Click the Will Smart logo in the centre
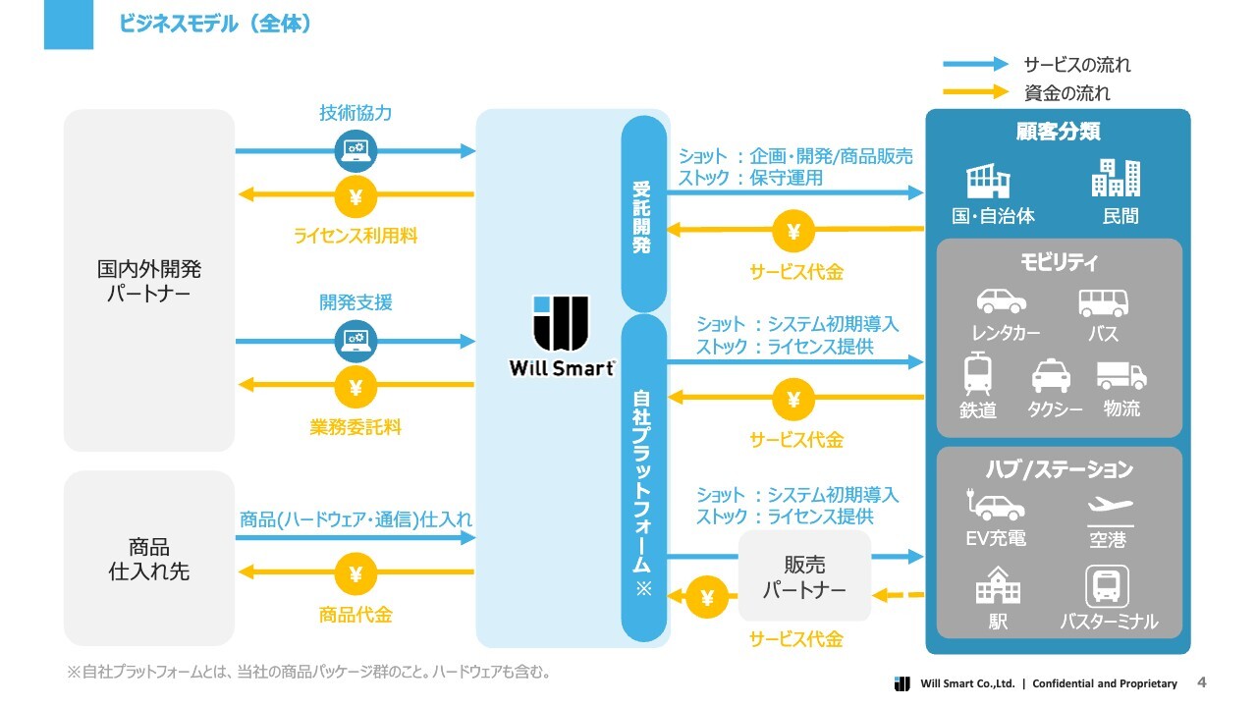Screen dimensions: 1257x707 (x=561, y=336)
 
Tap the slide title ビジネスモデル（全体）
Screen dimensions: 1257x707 (x=214, y=24)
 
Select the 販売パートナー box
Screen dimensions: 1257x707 (x=804, y=576)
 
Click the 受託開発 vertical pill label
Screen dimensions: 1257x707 (x=643, y=214)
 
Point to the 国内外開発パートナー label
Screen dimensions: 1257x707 (x=148, y=281)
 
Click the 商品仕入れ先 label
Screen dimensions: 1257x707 (x=148, y=559)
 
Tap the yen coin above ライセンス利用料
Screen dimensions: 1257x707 (x=355, y=196)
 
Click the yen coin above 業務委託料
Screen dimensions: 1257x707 (x=355, y=387)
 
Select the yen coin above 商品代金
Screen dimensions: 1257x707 (x=355, y=573)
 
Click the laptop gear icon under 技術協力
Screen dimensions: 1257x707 (x=355, y=151)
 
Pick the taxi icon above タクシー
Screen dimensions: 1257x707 (x=1051, y=376)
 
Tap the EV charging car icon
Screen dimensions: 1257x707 (x=995, y=504)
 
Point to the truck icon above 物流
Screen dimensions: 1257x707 (x=1121, y=375)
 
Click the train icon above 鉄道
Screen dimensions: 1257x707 (x=977, y=373)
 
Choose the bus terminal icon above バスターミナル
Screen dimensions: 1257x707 (x=1107, y=586)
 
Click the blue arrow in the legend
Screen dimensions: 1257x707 (x=975, y=64)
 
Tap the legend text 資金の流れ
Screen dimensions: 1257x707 (x=1066, y=92)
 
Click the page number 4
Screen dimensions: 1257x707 (x=1201, y=681)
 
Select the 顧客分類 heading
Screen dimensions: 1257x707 (x=1058, y=132)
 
